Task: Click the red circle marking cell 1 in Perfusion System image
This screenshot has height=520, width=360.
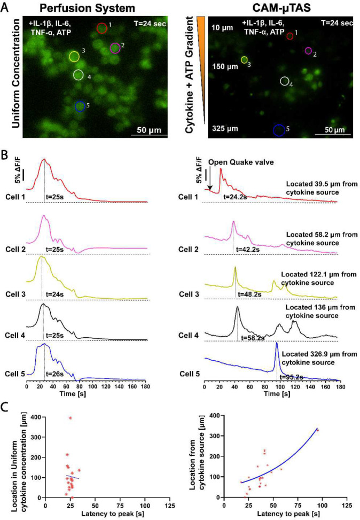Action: (101, 28)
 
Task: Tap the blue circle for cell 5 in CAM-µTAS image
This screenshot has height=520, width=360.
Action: (279, 130)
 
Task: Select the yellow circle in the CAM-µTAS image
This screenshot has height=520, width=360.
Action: (244, 60)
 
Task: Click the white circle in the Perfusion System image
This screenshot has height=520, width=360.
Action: (79, 75)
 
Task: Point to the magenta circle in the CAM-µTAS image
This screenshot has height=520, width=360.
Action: (308, 51)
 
